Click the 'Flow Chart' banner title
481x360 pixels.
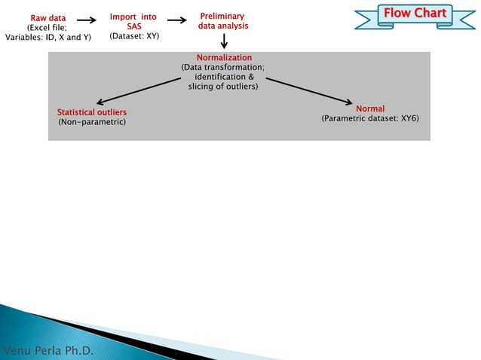[415, 14]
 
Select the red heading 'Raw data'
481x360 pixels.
[47, 17]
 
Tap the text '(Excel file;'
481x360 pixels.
[47, 27]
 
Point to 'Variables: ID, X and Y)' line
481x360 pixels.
[48, 37]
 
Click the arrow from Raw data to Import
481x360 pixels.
[87, 21]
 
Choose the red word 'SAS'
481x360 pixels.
[133, 26]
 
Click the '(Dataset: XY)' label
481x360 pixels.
[133, 35]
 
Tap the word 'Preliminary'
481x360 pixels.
[222, 16]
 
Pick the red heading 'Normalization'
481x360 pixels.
[224, 58]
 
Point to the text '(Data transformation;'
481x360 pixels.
[223, 68]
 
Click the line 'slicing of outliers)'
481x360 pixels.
[223, 87]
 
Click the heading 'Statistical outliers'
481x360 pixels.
[92, 112]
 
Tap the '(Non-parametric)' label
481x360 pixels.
[92, 122]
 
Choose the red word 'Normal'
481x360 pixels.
[369, 109]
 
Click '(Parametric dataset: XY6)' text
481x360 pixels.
[369, 119]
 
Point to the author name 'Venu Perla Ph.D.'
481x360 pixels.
[49, 352]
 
